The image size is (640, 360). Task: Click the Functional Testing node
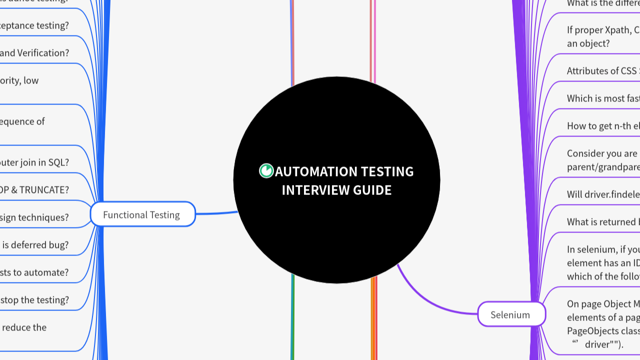coord(142,214)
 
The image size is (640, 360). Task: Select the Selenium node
coord(510,314)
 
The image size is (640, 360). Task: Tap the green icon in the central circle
coord(266,171)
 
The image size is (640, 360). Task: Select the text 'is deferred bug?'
coord(35,245)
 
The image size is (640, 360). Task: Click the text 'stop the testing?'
coord(35,300)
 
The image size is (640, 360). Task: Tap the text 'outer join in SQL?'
coord(34,162)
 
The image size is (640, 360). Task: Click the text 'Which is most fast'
coord(603,98)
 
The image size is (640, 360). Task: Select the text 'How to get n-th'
coord(602,126)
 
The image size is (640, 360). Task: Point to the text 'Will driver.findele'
coord(603,194)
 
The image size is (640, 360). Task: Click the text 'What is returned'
coord(603,222)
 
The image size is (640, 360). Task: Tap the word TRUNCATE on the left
coord(44,190)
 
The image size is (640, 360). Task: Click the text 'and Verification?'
coord(34,53)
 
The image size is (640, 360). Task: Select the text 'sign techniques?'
coord(34,217)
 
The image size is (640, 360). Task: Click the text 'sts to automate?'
coord(34,272)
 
